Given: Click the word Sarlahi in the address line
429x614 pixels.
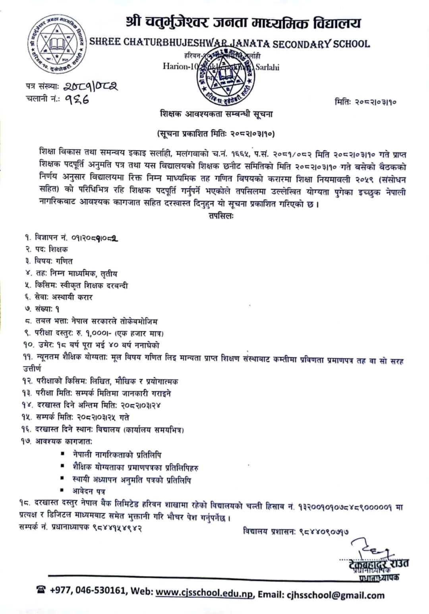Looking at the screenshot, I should [267, 67].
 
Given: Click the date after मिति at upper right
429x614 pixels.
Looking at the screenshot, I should [376, 102].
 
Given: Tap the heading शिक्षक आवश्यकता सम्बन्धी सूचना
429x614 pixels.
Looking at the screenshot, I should [216, 115].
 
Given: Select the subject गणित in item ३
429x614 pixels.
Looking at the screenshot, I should [64, 261].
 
